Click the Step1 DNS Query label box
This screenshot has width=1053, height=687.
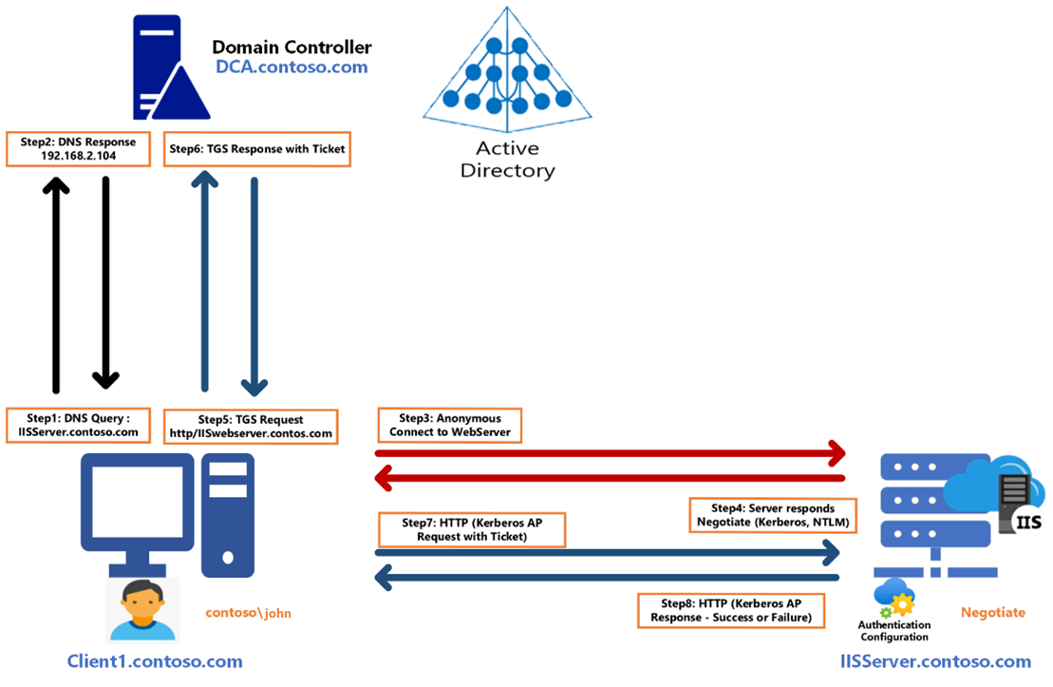[78, 425]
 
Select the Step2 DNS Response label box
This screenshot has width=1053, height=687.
[78, 148]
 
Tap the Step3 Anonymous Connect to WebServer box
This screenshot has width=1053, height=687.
[449, 425]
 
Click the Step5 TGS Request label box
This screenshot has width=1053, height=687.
[251, 426]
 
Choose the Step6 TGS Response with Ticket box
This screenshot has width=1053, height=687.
[256, 148]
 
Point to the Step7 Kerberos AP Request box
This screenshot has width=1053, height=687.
[471, 529]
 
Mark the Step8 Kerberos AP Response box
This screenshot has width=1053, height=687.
[730, 610]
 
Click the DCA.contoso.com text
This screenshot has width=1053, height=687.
[291, 67]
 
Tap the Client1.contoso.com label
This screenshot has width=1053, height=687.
[155, 661]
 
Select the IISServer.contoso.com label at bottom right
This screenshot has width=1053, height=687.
[935, 661]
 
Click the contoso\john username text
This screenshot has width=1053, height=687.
[249, 613]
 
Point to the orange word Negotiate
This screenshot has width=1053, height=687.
[993, 613]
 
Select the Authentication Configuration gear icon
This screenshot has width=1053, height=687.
[894, 597]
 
